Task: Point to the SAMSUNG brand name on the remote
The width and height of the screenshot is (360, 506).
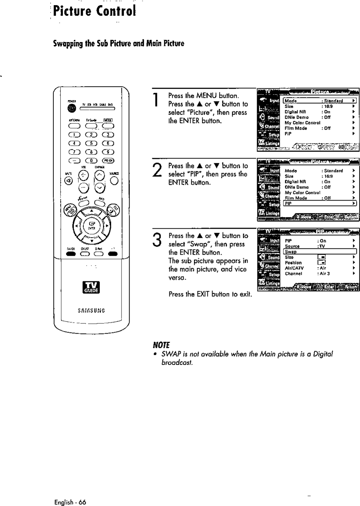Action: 91,311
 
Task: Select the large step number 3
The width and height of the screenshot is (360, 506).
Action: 156,240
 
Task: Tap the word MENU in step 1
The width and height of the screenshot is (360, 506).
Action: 207,96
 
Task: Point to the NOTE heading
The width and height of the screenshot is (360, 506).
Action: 161,345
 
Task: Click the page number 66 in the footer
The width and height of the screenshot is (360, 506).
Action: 82,502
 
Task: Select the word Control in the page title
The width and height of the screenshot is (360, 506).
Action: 116,11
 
